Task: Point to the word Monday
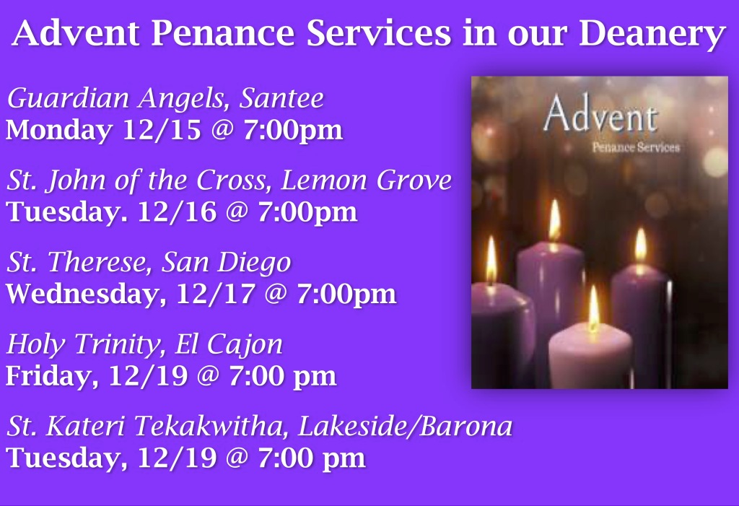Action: (59, 131)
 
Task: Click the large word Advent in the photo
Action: (600, 117)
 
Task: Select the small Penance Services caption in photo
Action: (635, 147)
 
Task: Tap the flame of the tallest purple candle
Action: (554, 222)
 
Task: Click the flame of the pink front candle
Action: (593, 310)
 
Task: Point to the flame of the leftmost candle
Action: (491, 261)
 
